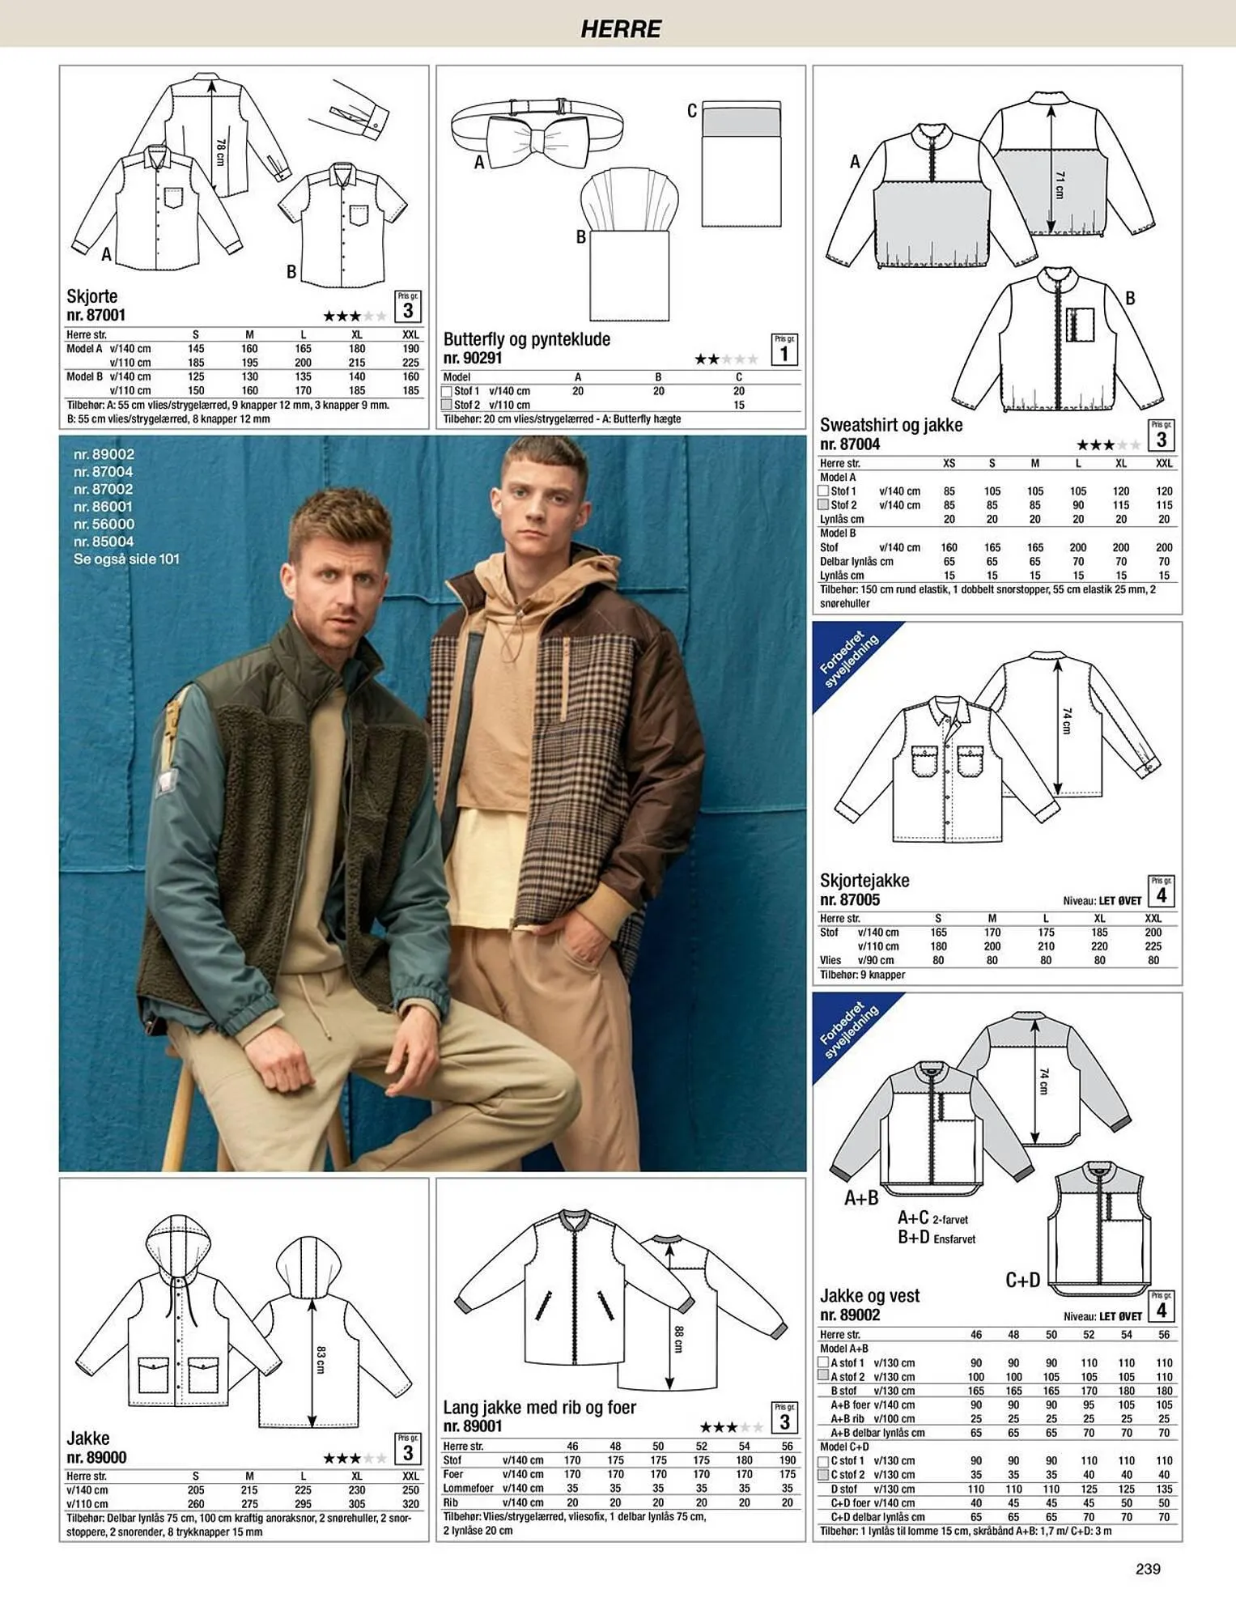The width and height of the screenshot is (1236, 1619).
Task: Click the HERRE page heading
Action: click(621, 29)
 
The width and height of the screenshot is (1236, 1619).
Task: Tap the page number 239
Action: click(1148, 1568)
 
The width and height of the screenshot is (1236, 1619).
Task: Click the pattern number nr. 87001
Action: click(96, 315)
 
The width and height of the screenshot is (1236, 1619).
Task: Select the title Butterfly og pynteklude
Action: click(526, 339)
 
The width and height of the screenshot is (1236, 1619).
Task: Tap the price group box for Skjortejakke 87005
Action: click(1162, 891)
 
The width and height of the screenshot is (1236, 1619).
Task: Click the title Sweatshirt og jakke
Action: click(891, 425)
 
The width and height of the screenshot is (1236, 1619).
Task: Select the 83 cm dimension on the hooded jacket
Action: click(321, 1360)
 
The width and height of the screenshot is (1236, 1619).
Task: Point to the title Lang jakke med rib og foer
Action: click(539, 1407)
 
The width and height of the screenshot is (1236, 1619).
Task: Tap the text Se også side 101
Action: click(126, 559)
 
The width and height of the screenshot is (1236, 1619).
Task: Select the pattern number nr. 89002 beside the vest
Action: click(850, 1315)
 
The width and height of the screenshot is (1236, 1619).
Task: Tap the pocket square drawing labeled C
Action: click(741, 164)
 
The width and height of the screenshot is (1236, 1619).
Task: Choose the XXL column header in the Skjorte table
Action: click(410, 334)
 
